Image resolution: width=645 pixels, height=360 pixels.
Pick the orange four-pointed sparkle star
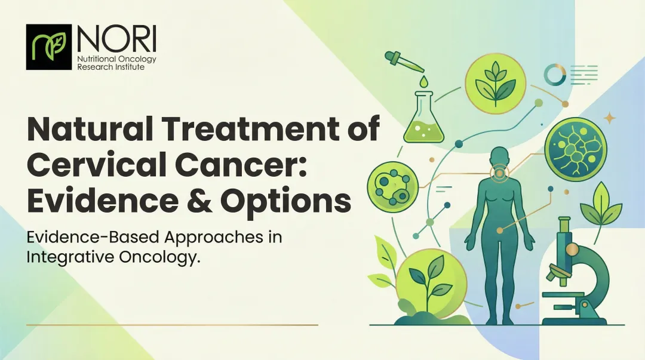tap(610, 118)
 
